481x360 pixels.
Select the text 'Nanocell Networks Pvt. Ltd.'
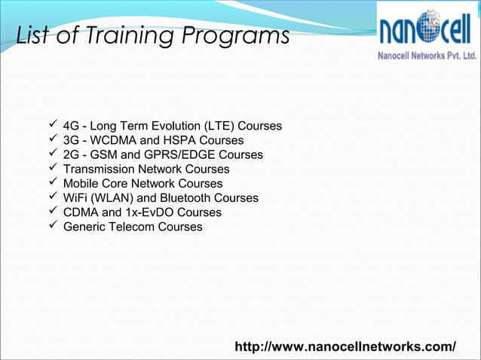click(x=426, y=56)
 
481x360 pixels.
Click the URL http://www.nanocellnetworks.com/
click(x=345, y=346)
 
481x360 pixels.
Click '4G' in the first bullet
click(x=72, y=126)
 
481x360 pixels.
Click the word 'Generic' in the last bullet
click(x=86, y=227)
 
